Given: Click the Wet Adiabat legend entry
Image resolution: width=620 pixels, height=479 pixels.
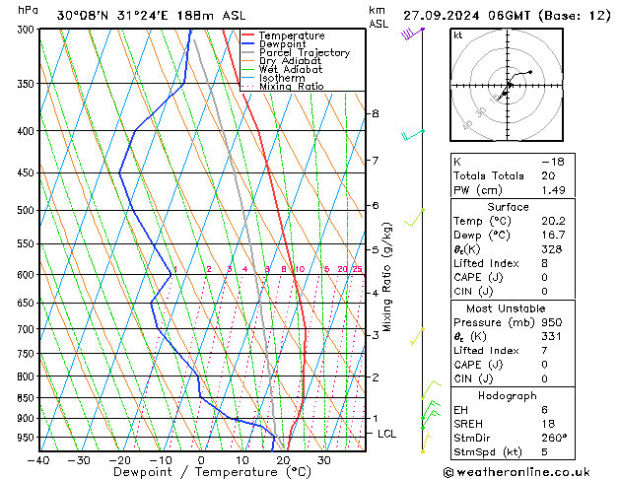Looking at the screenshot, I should (291, 70).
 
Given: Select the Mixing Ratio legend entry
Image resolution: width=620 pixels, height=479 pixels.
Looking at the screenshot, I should (291, 87).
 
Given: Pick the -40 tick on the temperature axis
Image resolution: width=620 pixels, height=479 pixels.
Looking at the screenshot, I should (39, 460).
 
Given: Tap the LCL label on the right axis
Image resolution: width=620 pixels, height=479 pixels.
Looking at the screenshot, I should (387, 434).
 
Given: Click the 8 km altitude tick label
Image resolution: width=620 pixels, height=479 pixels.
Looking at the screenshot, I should (375, 113).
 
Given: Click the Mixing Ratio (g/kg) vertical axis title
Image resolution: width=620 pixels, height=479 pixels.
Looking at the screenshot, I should (387, 276).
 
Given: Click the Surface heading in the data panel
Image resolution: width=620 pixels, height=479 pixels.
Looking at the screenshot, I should (508, 207).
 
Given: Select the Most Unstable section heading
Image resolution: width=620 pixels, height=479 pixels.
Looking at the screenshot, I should (508, 308).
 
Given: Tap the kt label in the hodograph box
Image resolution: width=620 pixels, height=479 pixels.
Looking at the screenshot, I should (458, 35).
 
